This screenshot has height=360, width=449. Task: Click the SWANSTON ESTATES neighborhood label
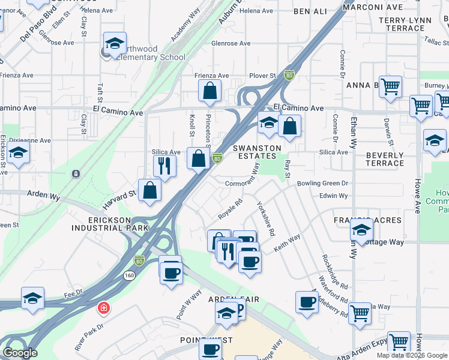pyautogui.click(x=257, y=152)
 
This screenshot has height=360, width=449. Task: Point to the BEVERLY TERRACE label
pyautogui.click(x=385, y=159)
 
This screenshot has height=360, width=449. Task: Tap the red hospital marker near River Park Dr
pyautogui.click(x=104, y=308)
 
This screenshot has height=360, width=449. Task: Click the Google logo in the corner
pyautogui.click(x=20, y=353)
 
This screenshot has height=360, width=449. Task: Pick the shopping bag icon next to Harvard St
pyautogui.click(x=149, y=190)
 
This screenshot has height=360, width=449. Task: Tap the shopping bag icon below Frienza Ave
pyautogui.click(x=210, y=91)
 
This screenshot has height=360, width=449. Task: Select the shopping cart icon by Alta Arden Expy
pyautogui.click(x=399, y=341)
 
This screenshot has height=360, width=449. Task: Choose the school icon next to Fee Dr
pyautogui.click(x=32, y=298)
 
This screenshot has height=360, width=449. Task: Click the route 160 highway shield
pyautogui.click(x=130, y=275)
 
